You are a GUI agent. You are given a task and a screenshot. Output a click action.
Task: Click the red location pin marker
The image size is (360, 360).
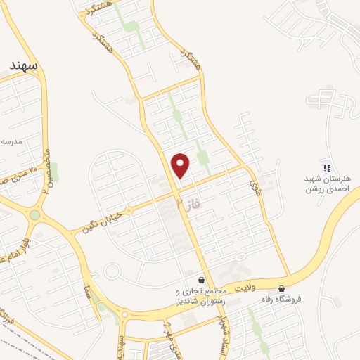click(x=181, y=165)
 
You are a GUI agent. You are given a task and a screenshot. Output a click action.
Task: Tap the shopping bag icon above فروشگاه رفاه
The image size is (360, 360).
click(x=281, y=288)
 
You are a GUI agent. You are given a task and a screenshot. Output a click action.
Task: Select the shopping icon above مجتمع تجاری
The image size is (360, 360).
click(x=202, y=279)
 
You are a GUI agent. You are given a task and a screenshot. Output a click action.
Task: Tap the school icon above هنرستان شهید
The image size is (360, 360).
click(x=326, y=167)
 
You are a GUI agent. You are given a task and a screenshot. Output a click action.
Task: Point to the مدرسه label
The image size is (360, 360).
click(x=12, y=141)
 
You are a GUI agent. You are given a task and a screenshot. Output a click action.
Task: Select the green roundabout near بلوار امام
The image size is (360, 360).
click(x=34, y=215)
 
